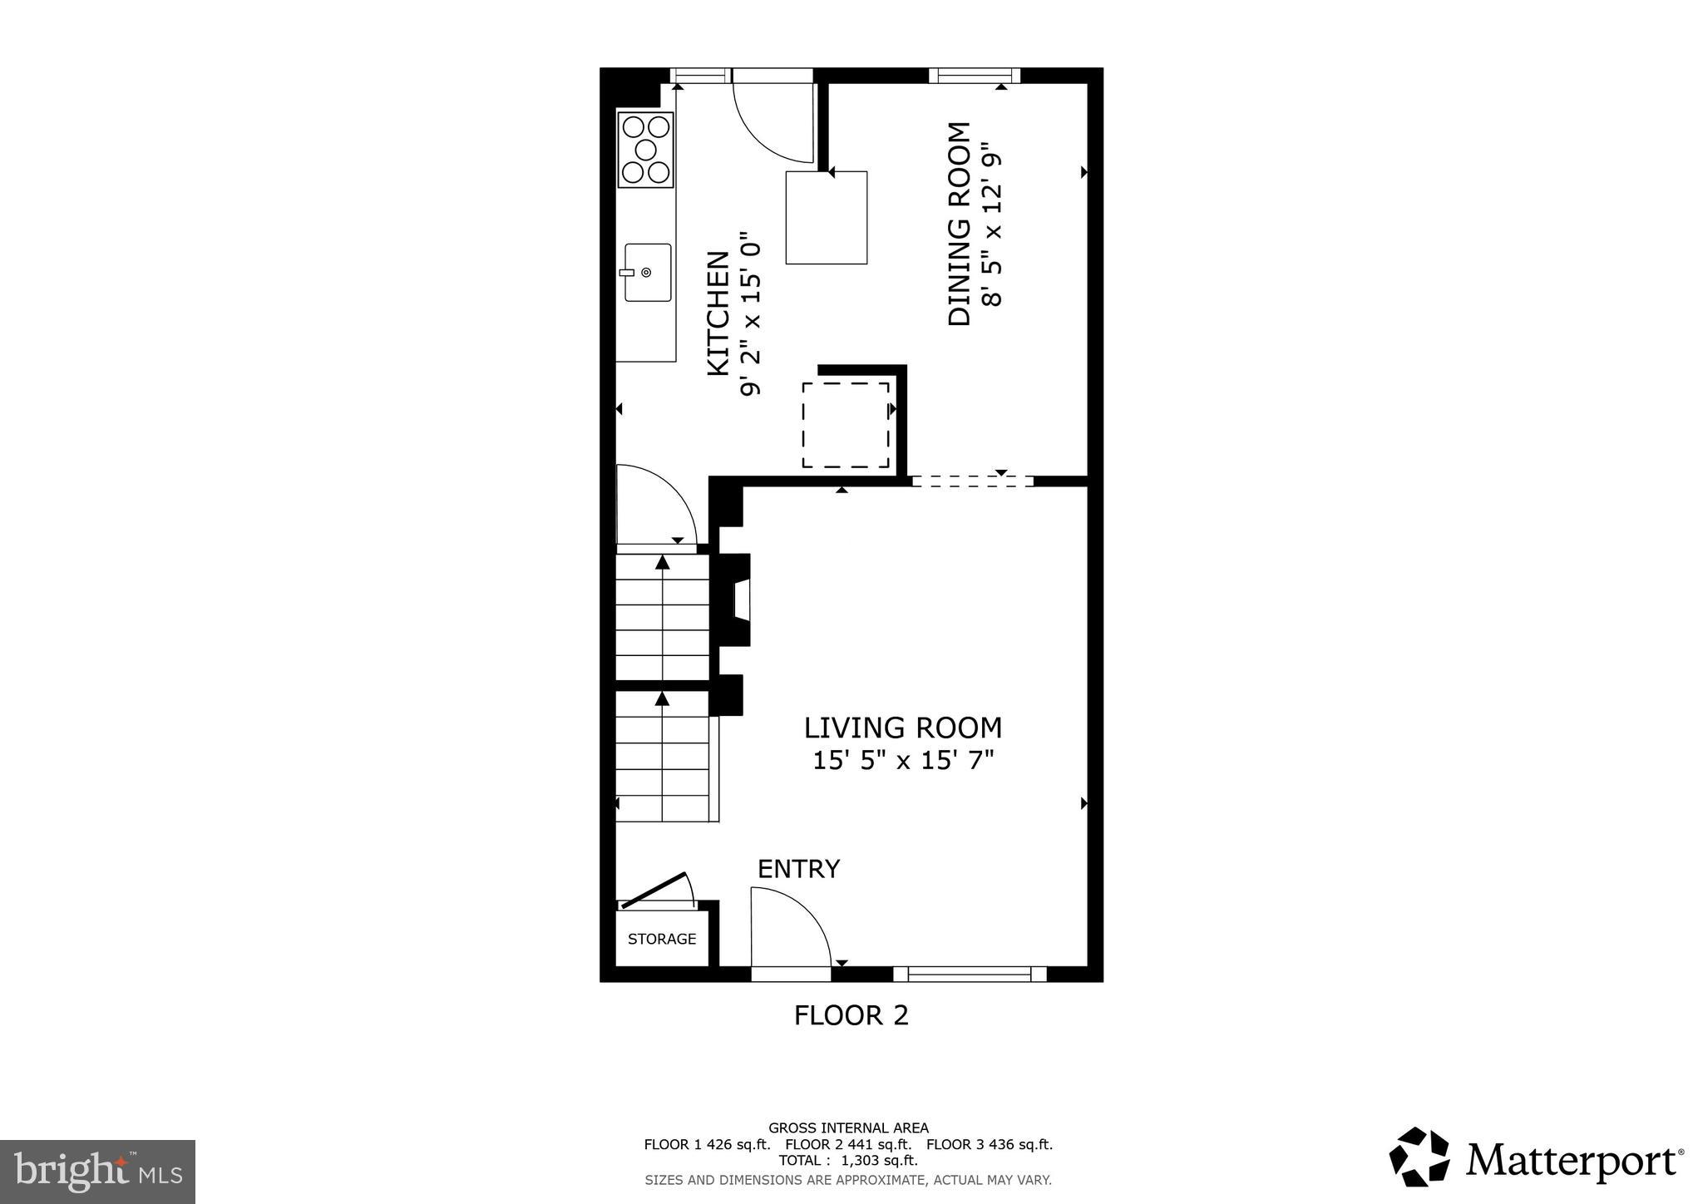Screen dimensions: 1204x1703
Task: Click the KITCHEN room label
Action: point(718,313)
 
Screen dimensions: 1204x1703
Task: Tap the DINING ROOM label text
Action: point(960,225)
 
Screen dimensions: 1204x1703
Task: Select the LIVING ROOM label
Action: point(902,728)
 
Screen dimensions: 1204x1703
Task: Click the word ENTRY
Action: point(798,869)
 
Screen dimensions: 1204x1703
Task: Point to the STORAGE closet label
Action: point(662,939)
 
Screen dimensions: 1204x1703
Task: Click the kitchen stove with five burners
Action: point(646,150)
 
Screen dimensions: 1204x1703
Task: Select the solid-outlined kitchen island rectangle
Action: point(827,218)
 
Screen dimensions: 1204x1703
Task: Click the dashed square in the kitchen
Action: point(846,425)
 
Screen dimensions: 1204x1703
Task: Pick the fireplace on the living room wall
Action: point(736,599)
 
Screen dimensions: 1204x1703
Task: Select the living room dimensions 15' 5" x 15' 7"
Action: point(903,760)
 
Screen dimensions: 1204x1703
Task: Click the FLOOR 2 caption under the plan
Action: point(851,1015)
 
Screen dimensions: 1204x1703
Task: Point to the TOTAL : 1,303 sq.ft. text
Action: point(848,1160)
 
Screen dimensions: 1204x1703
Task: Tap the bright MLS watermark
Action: point(97,1172)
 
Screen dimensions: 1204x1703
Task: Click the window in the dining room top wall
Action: point(975,76)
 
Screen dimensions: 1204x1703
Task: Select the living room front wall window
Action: point(970,974)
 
